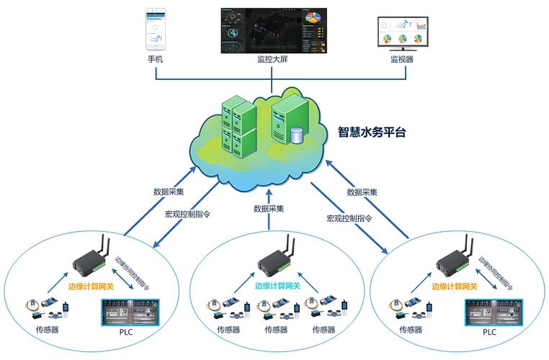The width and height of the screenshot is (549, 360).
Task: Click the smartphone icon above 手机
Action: (x=155, y=28)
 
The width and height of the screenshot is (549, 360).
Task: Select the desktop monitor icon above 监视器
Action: (x=401, y=32)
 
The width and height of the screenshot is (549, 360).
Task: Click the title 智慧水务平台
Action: (x=372, y=132)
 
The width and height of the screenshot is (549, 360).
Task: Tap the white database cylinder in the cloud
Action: (x=296, y=134)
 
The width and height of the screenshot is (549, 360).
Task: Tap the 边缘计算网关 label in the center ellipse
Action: (x=278, y=286)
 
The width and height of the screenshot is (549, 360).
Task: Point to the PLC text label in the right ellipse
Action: (x=490, y=332)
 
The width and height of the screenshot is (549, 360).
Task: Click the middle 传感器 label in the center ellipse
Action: (x=276, y=330)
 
